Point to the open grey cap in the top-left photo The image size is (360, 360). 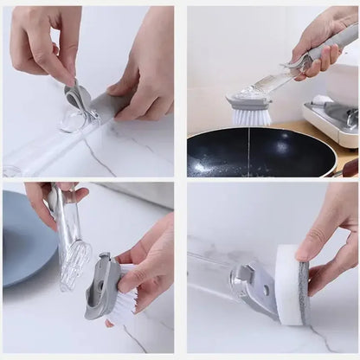click(80, 98)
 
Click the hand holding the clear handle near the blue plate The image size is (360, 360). click(48, 197)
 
